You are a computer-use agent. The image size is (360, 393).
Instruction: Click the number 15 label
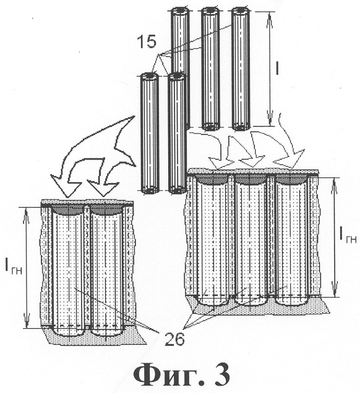pyautogui.click(x=147, y=41)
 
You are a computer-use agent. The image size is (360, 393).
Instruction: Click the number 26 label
pyautogui.click(x=174, y=339)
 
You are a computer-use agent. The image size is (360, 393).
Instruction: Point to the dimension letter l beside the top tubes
pyautogui.click(x=276, y=68)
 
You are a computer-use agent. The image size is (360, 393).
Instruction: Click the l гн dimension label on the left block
pyautogui.click(x=14, y=268)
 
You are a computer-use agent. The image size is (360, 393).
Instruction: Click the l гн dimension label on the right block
pyautogui.click(x=348, y=236)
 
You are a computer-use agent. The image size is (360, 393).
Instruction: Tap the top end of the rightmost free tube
pyautogui.click(x=241, y=11)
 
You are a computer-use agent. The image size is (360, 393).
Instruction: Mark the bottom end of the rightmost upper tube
pyautogui.click(x=241, y=127)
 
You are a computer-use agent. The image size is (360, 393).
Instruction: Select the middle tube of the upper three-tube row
pyautogui.click(x=211, y=68)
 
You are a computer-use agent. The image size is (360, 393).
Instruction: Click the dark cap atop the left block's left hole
pyautogui.click(x=69, y=209)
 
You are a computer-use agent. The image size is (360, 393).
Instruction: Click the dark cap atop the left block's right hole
pyautogui.click(x=106, y=209)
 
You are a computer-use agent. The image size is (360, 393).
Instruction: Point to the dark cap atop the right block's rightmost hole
pyautogui.click(x=291, y=179)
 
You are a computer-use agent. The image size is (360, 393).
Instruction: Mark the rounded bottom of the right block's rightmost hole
pyautogui.click(x=291, y=302)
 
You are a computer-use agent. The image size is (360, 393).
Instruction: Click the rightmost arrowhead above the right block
pyautogui.click(x=288, y=159)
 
